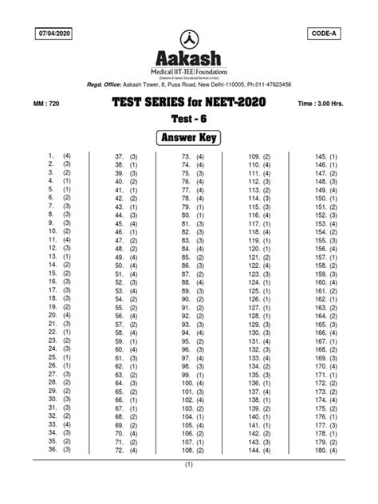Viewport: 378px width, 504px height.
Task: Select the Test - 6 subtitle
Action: click(189, 120)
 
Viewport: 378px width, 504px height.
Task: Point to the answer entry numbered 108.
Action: click(193, 451)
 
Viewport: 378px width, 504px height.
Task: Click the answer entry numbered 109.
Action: click(259, 156)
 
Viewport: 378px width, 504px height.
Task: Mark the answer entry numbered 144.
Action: click(259, 451)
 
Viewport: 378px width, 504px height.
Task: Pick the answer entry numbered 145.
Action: click(327, 156)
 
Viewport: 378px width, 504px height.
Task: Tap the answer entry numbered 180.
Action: click(327, 451)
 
